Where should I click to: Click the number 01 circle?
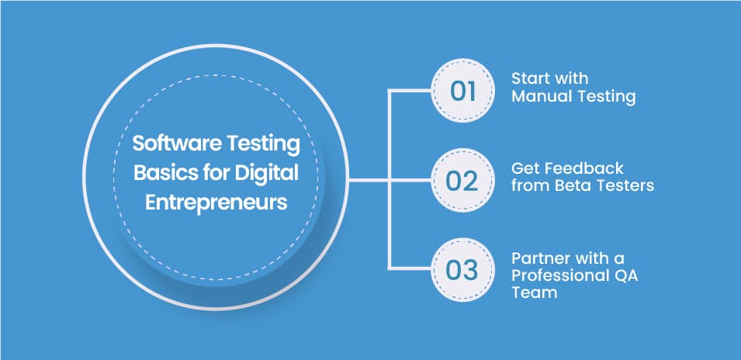click(462, 90)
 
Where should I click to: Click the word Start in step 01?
click(528, 80)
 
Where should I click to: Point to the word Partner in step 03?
click(536, 258)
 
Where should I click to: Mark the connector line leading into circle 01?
click(411, 90)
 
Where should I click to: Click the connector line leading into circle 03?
click(411, 268)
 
